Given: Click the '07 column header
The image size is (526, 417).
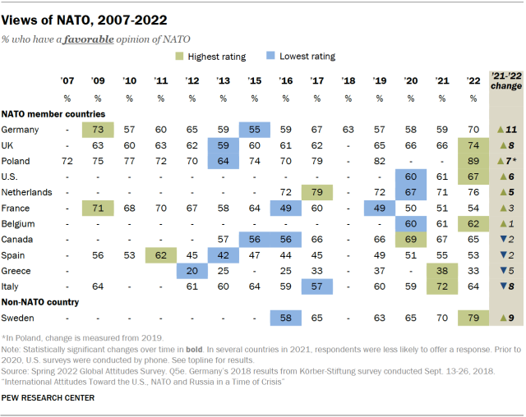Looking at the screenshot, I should coord(67,80).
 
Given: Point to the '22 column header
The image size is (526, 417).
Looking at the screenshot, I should coord(473,80).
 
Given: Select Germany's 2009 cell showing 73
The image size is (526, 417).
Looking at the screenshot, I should coord(98,130).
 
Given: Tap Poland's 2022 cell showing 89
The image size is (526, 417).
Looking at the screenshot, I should coord(473,161).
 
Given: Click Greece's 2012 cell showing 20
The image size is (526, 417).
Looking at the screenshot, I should coord(191,269).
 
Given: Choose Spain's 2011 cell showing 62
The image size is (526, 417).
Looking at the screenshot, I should coord(160,254).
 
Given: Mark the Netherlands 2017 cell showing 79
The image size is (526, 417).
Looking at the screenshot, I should coord(316,192).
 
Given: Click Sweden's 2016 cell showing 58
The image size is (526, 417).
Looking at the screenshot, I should coord(285,316).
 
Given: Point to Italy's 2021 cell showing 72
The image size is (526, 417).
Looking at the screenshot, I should coord(441,285).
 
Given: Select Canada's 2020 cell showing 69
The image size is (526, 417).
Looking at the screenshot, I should coord(410,238).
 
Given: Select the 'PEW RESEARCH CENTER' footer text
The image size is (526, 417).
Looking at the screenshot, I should coord(48,398).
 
